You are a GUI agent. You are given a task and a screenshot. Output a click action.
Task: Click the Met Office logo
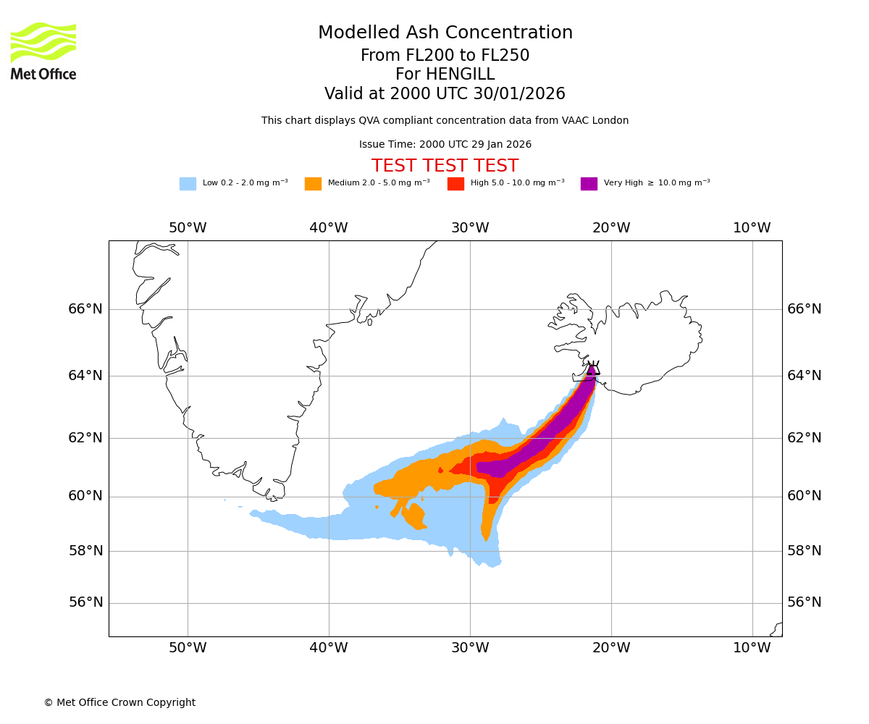(43, 51)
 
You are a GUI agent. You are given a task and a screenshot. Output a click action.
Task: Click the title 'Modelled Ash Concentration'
(445, 33)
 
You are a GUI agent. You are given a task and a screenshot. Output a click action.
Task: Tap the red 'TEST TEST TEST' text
(445, 167)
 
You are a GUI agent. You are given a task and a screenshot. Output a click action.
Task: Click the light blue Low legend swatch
(188, 184)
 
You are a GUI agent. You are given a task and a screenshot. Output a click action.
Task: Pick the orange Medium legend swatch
(313, 184)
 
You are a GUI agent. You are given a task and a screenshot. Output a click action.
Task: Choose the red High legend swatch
(456, 184)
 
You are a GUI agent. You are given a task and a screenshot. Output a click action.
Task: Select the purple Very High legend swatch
(589, 184)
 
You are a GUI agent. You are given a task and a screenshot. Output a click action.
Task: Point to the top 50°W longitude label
(188, 228)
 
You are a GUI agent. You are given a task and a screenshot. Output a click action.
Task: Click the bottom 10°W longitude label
(752, 648)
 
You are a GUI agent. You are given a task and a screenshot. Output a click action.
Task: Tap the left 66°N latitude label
(85, 309)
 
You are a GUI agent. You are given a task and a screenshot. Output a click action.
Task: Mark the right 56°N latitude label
(805, 602)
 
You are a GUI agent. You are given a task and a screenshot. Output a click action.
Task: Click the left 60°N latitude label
(85, 496)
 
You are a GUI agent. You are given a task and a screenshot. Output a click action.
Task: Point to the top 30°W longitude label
(470, 228)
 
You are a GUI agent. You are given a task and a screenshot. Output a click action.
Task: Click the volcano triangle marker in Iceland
(593, 369)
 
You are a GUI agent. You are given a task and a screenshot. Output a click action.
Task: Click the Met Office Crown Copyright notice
(119, 702)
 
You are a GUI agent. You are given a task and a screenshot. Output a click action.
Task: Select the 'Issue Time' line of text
(445, 145)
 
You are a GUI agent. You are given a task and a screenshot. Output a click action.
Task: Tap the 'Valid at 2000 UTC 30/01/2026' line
(445, 94)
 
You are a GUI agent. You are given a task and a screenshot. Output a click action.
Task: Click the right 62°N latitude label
(805, 437)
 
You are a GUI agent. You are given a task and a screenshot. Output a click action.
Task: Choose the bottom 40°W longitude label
(329, 648)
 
